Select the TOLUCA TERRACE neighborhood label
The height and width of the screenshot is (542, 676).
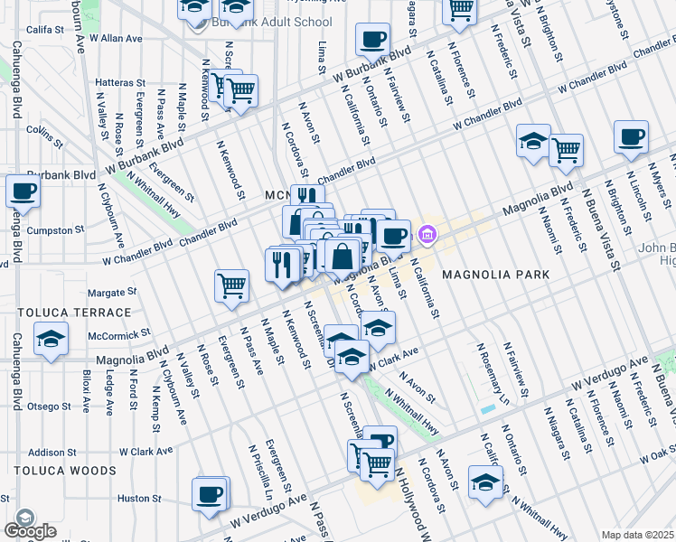pyautogui.click(x=74, y=313)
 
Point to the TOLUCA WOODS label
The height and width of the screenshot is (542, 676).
pyautogui.click(x=65, y=471)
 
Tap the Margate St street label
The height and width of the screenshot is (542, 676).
pyautogui.click(x=112, y=293)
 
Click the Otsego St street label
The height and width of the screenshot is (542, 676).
pyautogui.click(x=50, y=406)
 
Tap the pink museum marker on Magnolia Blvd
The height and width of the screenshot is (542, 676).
pyautogui.click(x=427, y=237)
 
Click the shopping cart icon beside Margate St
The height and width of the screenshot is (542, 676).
pyautogui.click(x=231, y=285)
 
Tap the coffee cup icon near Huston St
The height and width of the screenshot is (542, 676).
pyautogui.click(x=210, y=494)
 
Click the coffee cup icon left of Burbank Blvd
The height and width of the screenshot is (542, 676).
pyautogui.click(x=23, y=191)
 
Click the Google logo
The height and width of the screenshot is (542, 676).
pyautogui.click(x=29, y=530)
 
